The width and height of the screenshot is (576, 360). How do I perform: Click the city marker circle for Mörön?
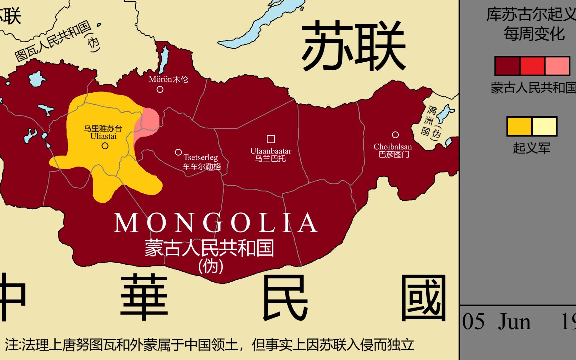click(160, 89)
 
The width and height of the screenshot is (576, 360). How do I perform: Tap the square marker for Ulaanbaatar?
click(271, 139)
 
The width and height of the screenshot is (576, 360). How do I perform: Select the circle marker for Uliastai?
click(105, 146)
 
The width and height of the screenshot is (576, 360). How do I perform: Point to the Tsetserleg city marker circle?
click(178, 152)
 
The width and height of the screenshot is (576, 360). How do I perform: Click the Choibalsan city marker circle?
click(395, 135)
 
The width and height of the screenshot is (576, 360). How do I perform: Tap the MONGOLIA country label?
click(215, 223)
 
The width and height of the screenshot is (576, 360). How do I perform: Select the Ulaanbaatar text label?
click(271, 151)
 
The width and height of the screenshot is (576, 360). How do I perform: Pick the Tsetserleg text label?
click(200, 157)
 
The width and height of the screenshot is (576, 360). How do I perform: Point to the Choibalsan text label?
click(393, 147)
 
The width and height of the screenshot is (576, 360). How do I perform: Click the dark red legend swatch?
click(507, 66)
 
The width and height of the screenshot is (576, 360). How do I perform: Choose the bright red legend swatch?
click(532, 66)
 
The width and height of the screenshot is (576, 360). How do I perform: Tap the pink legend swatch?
click(557, 66)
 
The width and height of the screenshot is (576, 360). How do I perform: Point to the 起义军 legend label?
click(532, 148)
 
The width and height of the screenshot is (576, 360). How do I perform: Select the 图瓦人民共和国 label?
click(53, 41)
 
